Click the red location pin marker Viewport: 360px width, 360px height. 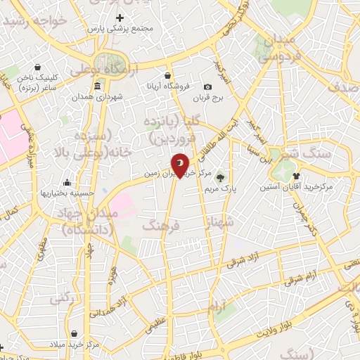point(180,166)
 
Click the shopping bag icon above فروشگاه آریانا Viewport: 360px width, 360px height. point(167,75)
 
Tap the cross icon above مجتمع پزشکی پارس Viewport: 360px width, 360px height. point(120,18)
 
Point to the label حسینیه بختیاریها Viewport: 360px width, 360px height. point(66,192)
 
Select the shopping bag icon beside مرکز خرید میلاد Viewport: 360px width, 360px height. point(75,333)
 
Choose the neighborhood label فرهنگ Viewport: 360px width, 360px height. point(162,226)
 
